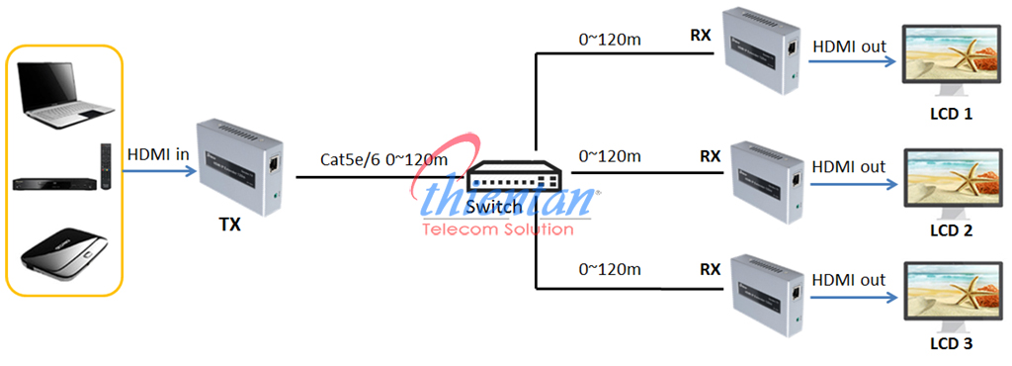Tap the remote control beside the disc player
(x=105, y=165)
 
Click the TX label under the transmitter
(x=229, y=225)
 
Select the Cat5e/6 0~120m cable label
(x=384, y=159)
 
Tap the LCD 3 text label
(x=953, y=344)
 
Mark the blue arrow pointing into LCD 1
(x=852, y=62)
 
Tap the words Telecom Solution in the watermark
(x=497, y=229)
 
